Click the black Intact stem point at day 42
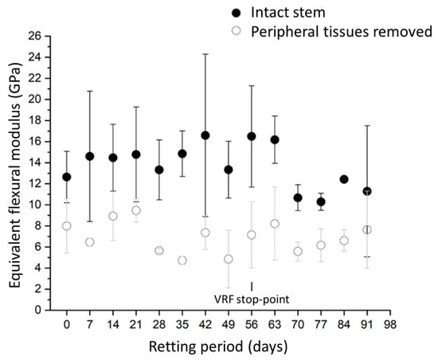click(x=205, y=135)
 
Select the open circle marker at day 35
click(x=182, y=260)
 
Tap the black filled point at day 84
click(x=344, y=179)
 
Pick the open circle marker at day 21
click(x=136, y=210)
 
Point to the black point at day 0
click(x=66, y=177)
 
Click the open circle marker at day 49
click(x=229, y=259)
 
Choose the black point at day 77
click(x=321, y=202)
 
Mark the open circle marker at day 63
click(x=275, y=224)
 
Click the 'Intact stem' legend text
click(x=288, y=13)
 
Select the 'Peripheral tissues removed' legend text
click(x=342, y=32)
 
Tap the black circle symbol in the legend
click(x=237, y=13)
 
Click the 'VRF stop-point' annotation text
click(x=252, y=299)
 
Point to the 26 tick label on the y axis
click(x=34, y=36)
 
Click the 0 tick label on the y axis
click(x=38, y=310)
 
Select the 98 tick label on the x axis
click(x=390, y=324)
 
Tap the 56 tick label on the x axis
click(x=252, y=324)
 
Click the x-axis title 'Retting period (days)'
click(x=218, y=347)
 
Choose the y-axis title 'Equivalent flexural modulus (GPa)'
click(x=15, y=175)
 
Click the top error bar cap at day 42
click(x=205, y=54)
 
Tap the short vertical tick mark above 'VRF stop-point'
click(x=252, y=286)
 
